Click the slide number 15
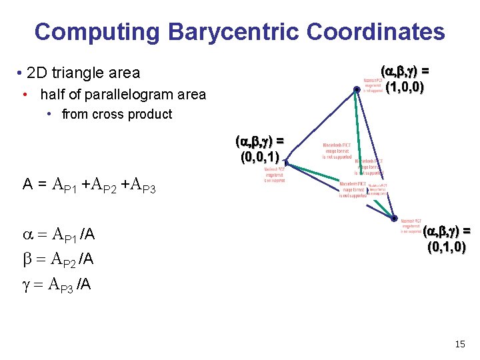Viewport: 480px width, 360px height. click(459, 344)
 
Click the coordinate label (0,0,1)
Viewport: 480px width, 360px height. click(259, 158)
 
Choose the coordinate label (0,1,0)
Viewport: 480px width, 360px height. click(446, 247)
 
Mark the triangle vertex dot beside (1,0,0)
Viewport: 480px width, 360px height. click(357, 89)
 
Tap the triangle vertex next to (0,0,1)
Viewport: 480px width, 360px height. click(285, 160)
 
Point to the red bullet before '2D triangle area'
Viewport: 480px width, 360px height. click(22, 73)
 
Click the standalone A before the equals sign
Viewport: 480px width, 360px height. click(29, 184)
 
